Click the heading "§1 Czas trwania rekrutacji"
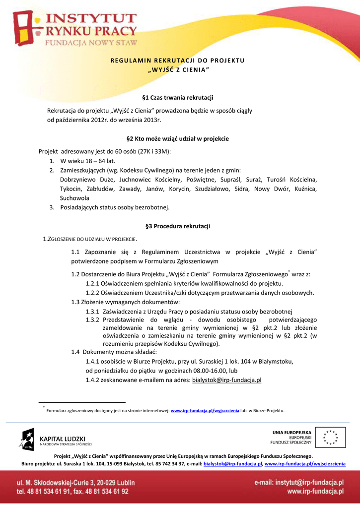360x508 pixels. pos(177,98)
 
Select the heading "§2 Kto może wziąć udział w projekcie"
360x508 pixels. pos(177,139)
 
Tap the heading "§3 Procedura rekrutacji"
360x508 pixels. pos(177,226)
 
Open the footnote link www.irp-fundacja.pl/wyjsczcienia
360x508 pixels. pos(205,411)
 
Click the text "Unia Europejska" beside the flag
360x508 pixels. pos(291,432)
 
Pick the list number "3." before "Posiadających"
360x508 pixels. pos(52,207)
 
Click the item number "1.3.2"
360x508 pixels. pos(93,320)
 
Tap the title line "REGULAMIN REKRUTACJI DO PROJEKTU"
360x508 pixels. pos(177,60)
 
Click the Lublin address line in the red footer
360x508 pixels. pos(75,482)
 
